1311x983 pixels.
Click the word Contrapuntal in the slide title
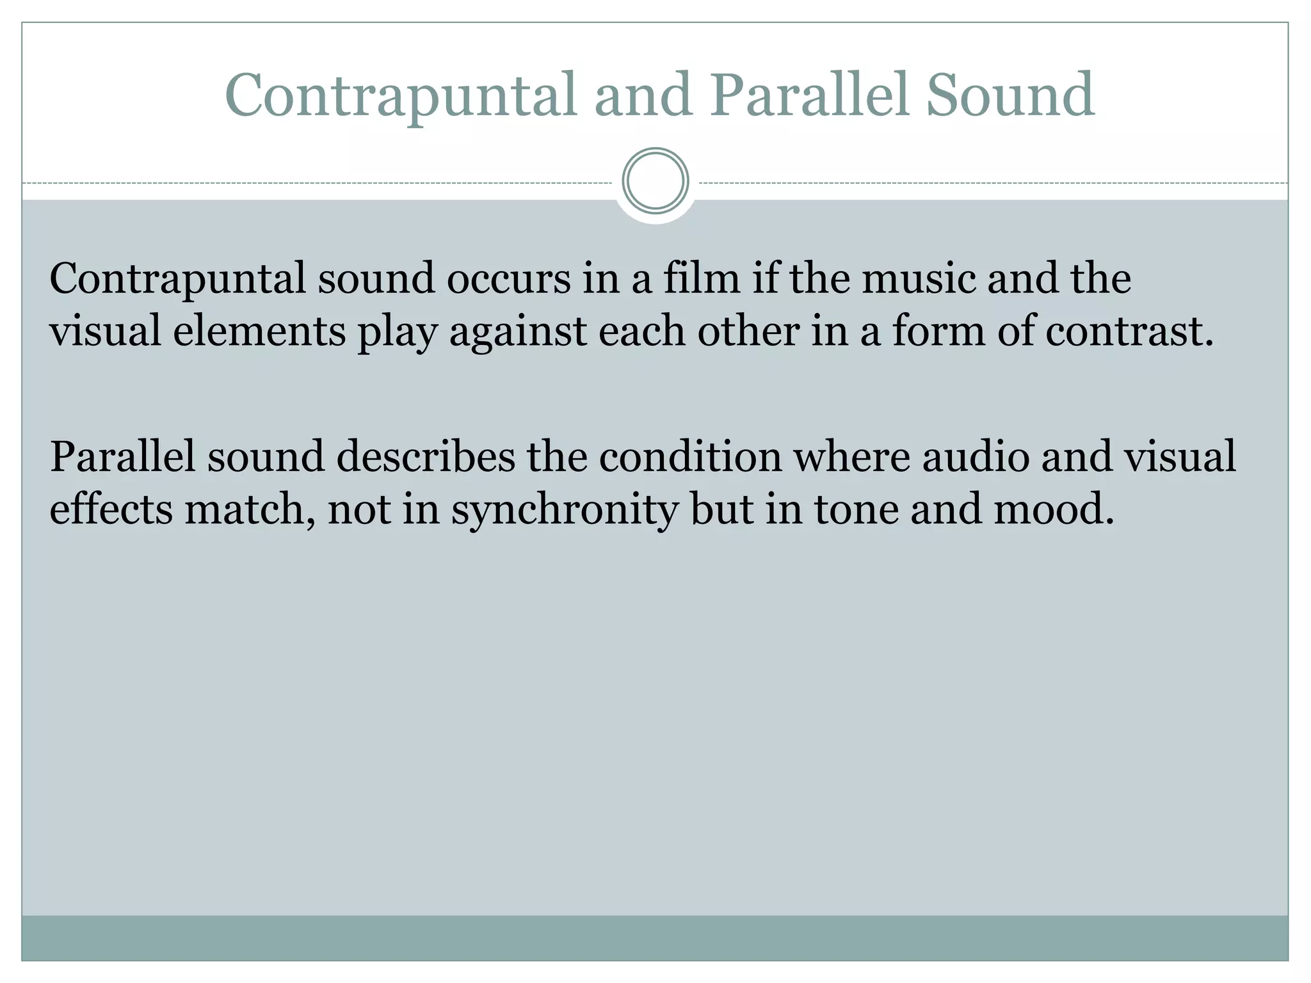(x=401, y=96)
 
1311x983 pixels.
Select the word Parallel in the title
(x=810, y=96)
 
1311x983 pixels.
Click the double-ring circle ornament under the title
(x=655, y=181)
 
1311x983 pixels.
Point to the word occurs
(x=508, y=280)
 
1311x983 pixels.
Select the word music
(x=919, y=280)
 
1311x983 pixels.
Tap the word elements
(x=259, y=332)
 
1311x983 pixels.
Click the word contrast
(x=1129, y=332)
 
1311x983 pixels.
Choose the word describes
(x=426, y=458)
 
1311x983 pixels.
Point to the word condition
(x=691, y=458)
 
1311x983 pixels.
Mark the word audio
(x=976, y=458)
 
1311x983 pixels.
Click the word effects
(x=111, y=510)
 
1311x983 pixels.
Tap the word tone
(x=857, y=510)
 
